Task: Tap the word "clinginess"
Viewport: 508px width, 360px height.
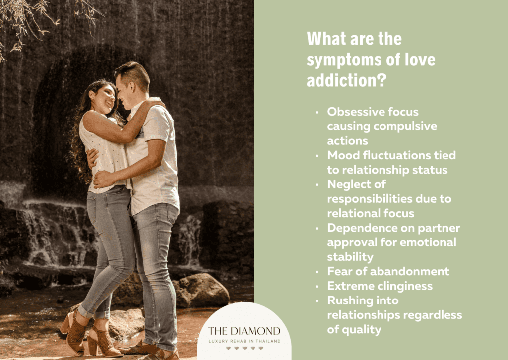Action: click(x=402, y=286)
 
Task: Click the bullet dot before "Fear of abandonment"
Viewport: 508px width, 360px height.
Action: click(x=317, y=272)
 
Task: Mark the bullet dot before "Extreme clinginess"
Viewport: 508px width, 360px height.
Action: click(x=317, y=287)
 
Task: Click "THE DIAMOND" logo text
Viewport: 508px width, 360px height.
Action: click(x=244, y=331)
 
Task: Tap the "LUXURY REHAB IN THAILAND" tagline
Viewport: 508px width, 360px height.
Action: click(x=245, y=341)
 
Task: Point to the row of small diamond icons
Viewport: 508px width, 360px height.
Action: click(x=245, y=348)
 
